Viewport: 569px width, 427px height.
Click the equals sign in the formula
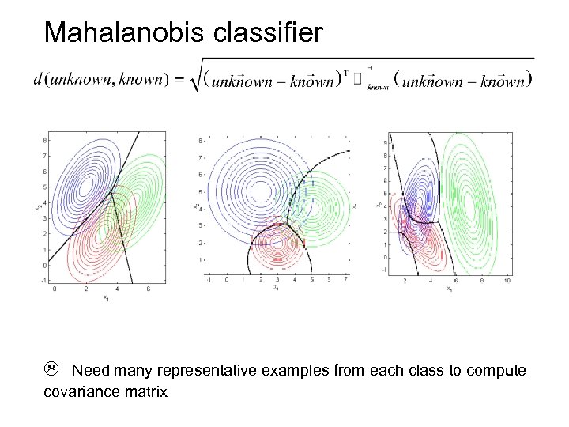[x=178, y=79]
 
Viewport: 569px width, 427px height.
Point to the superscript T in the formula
[x=346, y=73]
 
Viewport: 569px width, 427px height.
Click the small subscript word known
[x=379, y=89]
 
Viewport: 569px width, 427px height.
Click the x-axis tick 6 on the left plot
[x=147, y=289]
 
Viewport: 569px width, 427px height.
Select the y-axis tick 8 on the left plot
[x=46, y=140]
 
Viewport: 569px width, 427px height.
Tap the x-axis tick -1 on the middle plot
[x=208, y=279]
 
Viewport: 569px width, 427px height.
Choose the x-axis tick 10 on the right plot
[x=506, y=281]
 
